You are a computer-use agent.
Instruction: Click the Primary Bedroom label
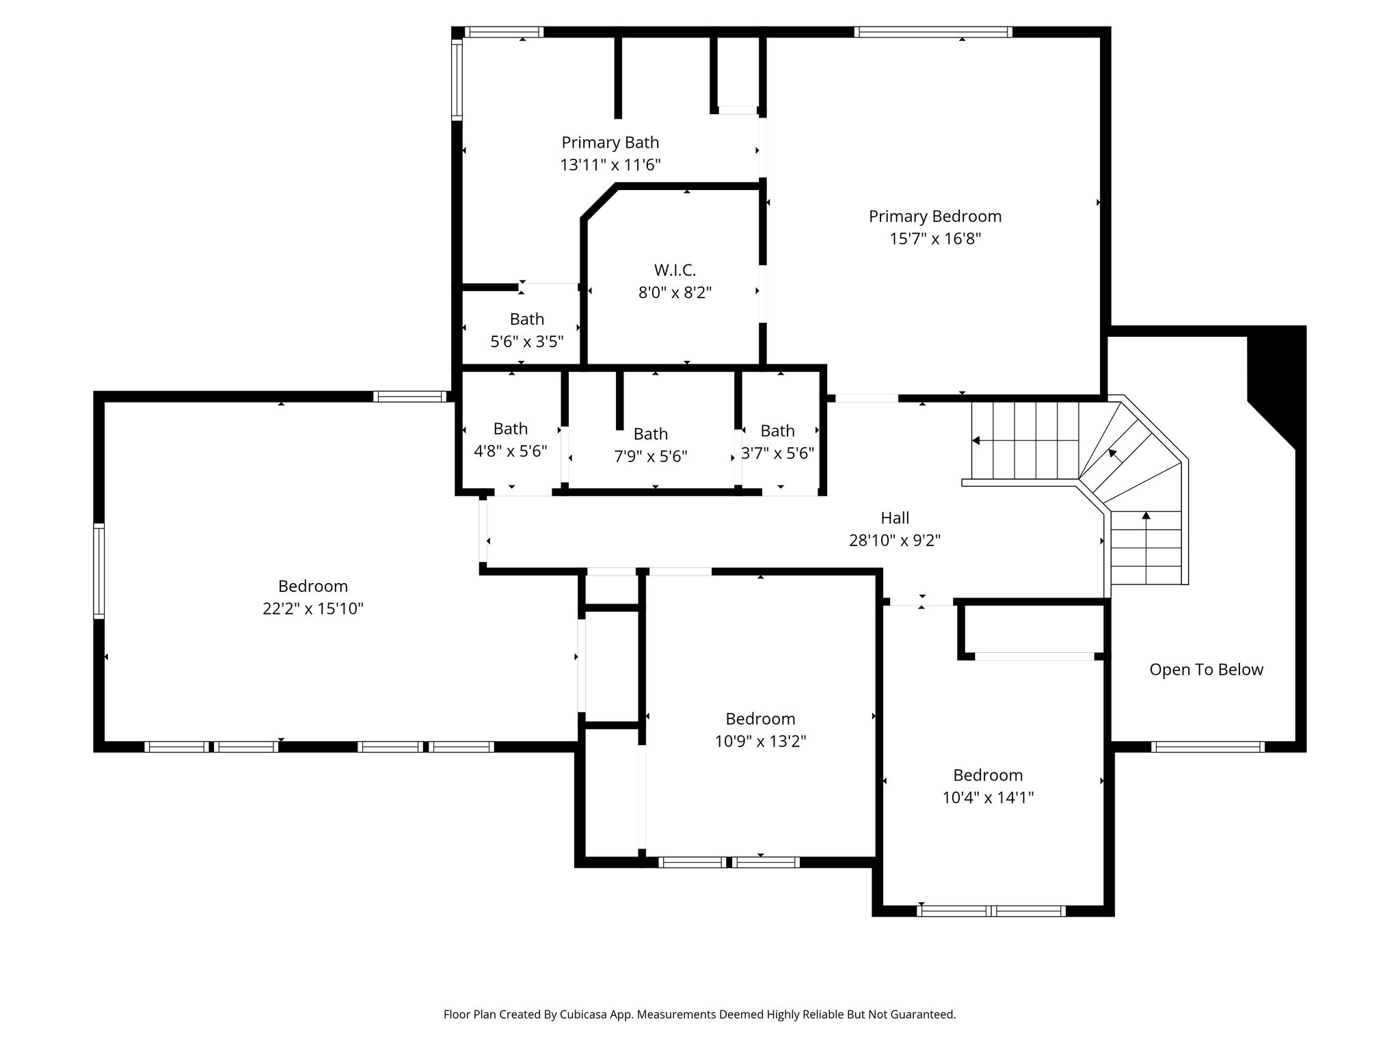click(935, 217)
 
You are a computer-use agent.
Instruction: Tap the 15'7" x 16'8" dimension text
click(935, 239)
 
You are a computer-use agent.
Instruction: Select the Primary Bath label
click(610, 143)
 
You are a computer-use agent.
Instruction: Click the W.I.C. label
click(675, 270)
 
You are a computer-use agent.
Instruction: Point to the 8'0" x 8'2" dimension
click(675, 293)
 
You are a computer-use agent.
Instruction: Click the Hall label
click(895, 518)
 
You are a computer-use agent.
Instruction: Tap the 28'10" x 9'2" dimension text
click(895, 541)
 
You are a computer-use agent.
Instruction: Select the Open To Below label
click(1207, 670)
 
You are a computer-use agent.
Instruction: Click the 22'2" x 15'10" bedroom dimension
click(313, 608)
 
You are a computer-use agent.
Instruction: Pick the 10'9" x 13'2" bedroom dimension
click(761, 741)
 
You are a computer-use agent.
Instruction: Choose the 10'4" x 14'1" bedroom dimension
click(988, 797)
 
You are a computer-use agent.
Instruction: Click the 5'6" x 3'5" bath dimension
click(527, 341)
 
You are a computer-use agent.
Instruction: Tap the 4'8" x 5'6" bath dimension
click(511, 451)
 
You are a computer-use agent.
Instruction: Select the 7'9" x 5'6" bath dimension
click(651, 456)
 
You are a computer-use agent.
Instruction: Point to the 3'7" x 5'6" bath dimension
click(778, 453)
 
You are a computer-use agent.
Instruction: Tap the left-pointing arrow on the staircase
click(976, 440)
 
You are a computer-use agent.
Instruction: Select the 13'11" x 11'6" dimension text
click(610, 165)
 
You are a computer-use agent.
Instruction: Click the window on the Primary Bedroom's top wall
click(933, 31)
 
